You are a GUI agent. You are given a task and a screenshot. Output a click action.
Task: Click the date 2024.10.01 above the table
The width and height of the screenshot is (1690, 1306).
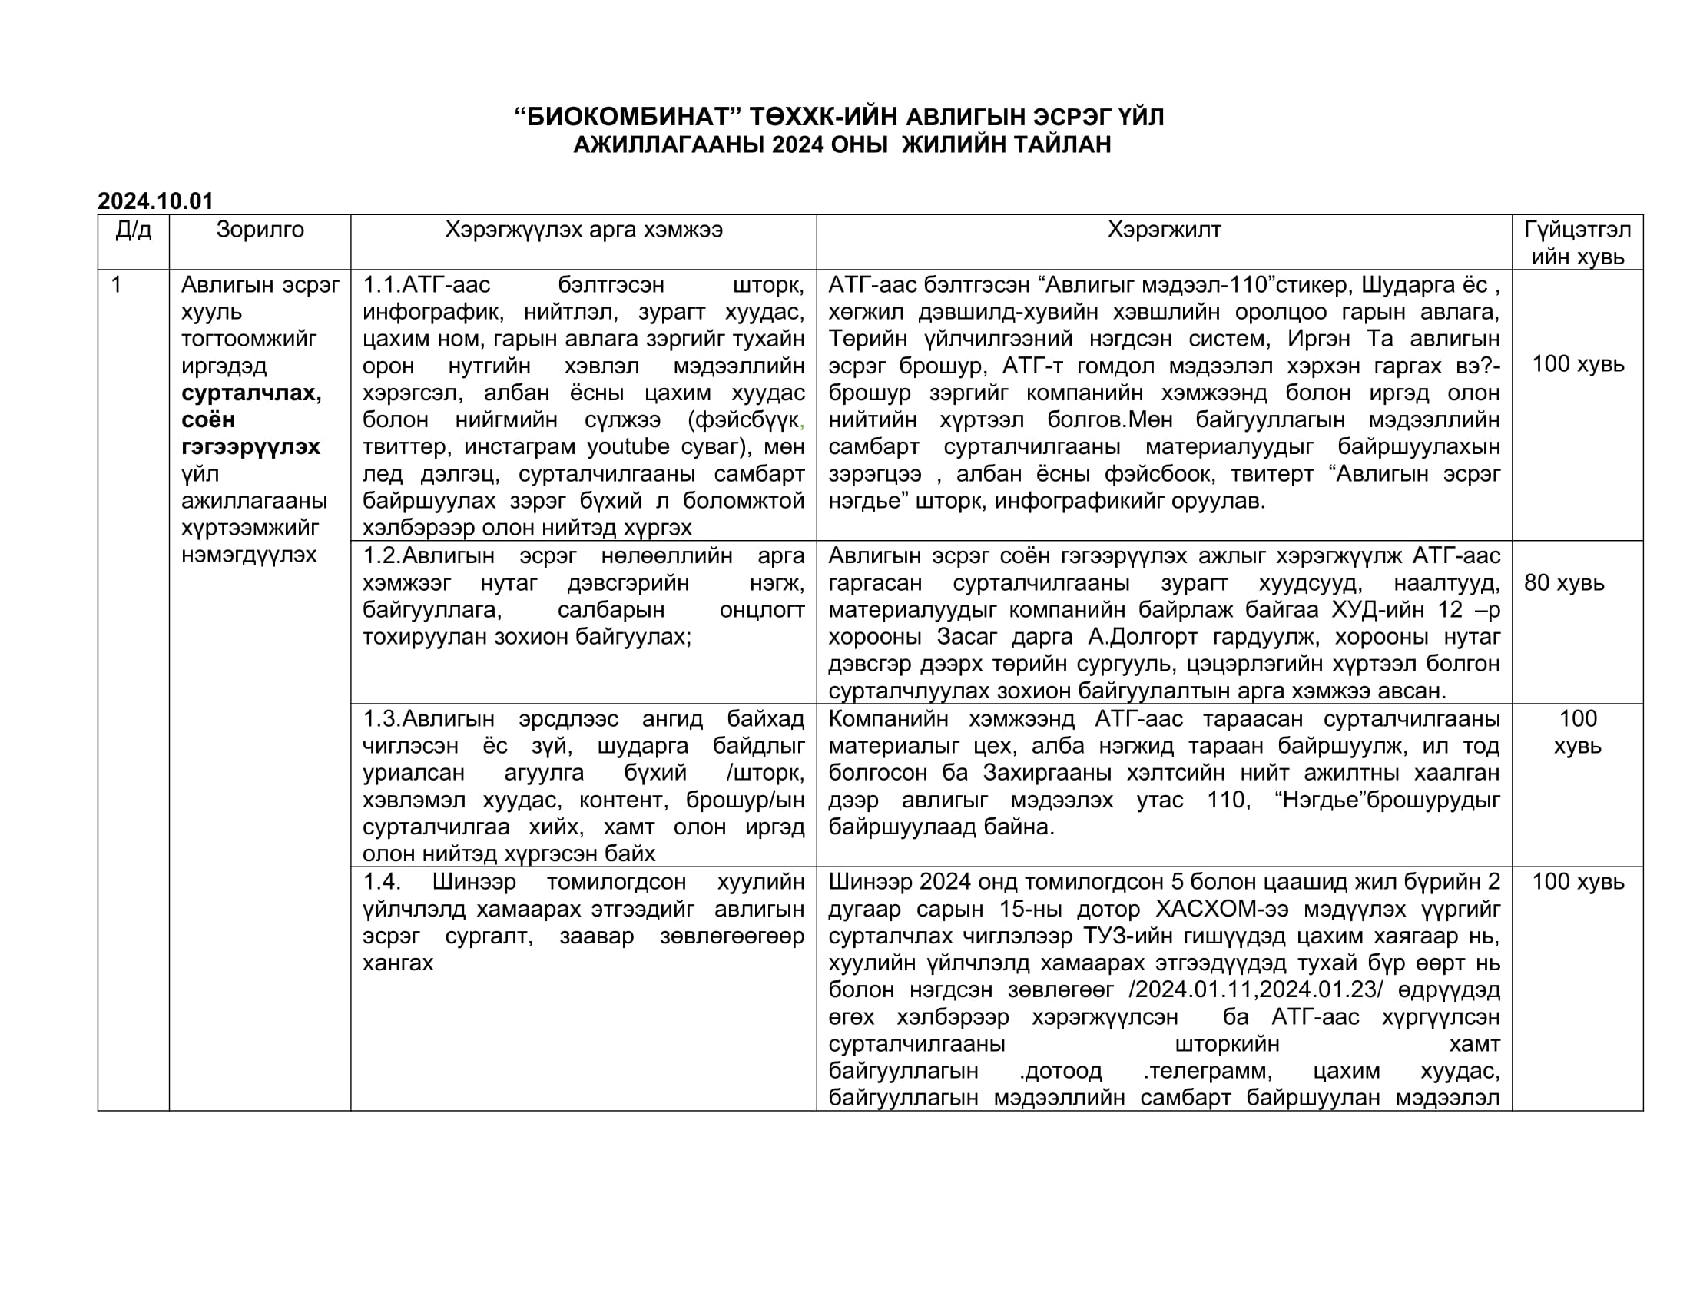pyautogui.click(x=154, y=201)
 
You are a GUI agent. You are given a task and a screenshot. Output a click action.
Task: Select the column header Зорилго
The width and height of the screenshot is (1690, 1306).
pyautogui.click(x=260, y=230)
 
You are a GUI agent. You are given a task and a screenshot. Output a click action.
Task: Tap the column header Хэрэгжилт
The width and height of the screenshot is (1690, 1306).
pyautogui.click(x=1164, y=230)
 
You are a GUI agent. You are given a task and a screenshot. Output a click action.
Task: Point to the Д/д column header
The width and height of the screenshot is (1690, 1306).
pyautogui.click(x=133, y=230)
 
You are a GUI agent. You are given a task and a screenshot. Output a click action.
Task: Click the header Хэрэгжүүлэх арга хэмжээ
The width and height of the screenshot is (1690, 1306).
pyautogui.click(x=584, y=230)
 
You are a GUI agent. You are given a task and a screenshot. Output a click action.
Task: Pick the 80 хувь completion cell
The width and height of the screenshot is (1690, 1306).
pyautogui.click(x=1564, y=582)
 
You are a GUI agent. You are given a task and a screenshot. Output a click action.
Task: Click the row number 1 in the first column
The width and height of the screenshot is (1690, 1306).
pyautogui.click(x=116, y=285)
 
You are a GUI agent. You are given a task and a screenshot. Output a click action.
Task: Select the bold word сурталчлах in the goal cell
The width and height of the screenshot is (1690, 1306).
pyautogui.click(x=250, y=393)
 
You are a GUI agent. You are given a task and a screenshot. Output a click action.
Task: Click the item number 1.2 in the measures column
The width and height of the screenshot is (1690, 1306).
pyautogui.click(x=382, y=555)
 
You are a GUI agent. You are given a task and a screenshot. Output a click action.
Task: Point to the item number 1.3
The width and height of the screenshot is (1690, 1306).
pyautogui.click(x=382, y=719)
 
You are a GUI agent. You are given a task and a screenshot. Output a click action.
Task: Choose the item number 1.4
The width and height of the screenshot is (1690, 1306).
pyautogui.click(x=382, y=882)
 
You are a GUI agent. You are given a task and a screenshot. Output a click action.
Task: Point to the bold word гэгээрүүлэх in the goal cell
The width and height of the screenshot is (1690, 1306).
pyautogui.click(x=250, y=447)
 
